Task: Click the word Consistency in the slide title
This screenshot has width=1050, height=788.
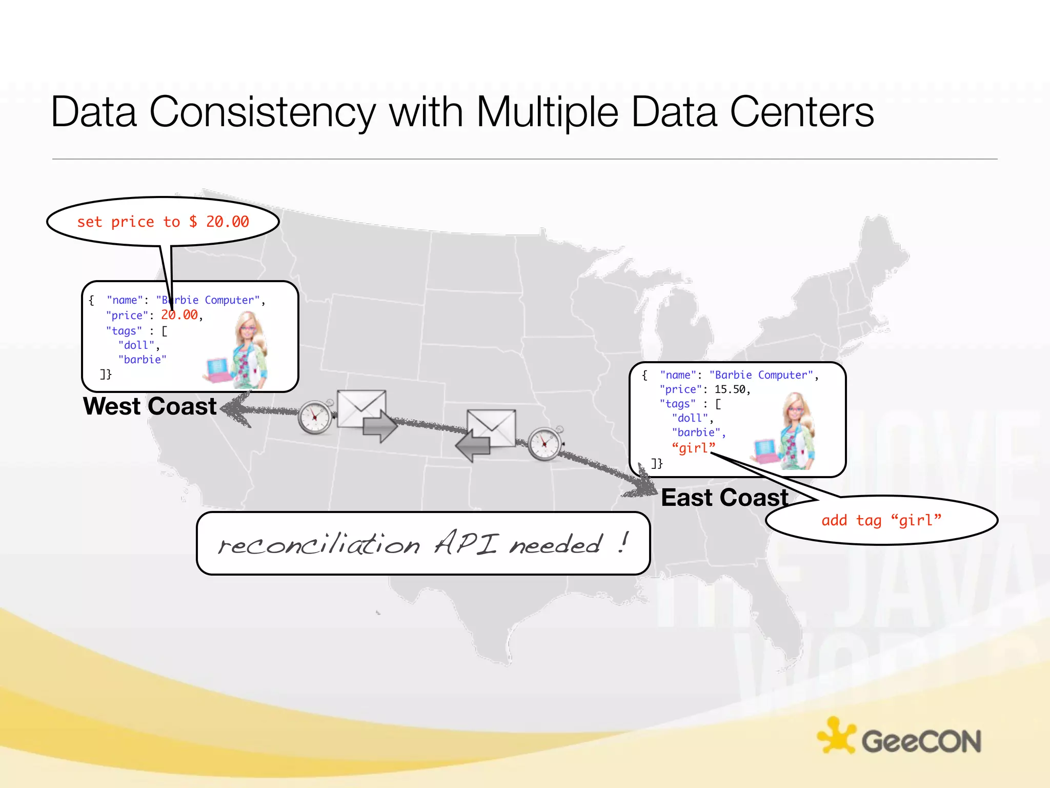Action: click(262, 113)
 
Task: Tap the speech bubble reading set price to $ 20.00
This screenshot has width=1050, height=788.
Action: click(163, 222)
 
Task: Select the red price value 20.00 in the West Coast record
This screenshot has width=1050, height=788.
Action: click(179, 315)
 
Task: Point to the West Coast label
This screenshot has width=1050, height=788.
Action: click(150, 406)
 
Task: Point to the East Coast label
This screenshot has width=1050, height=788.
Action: click(724, 498)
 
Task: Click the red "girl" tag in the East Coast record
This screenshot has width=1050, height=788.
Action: click(693, 448)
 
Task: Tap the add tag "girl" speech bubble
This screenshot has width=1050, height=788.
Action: click(881, 520)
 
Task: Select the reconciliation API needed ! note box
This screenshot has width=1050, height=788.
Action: click(423, 543)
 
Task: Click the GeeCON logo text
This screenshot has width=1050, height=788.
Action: click(921, 742)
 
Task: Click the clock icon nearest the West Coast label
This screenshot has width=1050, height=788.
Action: click(315, 417)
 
